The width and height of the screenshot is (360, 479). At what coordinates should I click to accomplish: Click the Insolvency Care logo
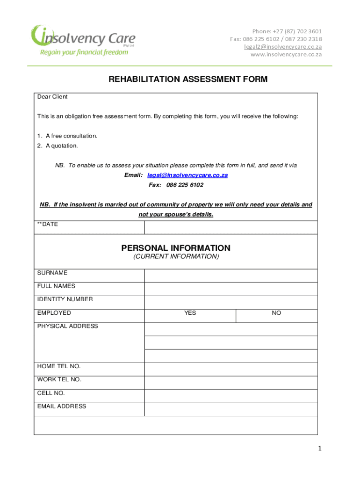(82, 40)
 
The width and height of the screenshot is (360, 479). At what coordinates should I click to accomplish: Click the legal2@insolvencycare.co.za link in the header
(283, 47)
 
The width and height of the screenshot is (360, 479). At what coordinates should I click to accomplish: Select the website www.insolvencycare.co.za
(286, 54)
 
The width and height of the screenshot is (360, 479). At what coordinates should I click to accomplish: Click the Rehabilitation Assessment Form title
(188, 80)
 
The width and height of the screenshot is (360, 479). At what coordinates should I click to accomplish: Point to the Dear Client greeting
(52, 97)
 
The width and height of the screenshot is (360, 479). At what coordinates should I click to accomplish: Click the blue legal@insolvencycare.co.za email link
(187, 175)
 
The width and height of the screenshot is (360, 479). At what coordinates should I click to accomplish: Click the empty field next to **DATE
(231, 227)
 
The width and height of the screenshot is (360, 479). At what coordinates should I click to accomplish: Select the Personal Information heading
(176, 248)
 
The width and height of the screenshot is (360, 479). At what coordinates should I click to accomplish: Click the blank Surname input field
(231, 276)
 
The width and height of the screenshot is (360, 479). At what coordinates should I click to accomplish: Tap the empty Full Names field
(231, 289)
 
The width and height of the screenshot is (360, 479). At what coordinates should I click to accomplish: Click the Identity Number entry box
(231, 302)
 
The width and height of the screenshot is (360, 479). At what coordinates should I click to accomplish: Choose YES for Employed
(190, 313)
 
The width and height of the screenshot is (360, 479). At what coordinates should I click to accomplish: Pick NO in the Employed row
(276, 313)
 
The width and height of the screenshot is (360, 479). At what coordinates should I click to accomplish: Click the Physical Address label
(68, 326)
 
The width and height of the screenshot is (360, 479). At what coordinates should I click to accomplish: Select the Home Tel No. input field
(231, 370)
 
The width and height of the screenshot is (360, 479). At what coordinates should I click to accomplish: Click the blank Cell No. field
(231, 396)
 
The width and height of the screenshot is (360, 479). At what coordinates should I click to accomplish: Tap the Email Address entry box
(231, 409)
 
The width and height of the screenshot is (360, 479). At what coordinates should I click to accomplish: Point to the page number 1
(320, 449)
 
